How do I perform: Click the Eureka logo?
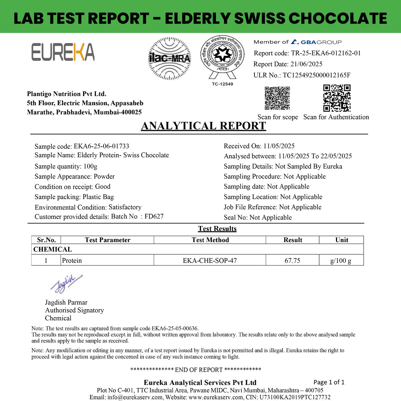click(x=63, y=52)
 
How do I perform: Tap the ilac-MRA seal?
click(x=169, y=58)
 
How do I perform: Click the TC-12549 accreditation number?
click(x=222, y=84)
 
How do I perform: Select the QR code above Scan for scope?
click(x=277, y=98)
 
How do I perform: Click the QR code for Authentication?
click(x=337, y=98)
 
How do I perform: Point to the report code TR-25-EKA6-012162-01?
click(x=326, y=53)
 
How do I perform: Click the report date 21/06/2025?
click(x=306, y=64)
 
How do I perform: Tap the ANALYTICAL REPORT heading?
click(x=203, y=126)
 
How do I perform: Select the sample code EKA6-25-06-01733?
click(x=101, y=146)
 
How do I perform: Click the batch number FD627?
click(x=154, y=216)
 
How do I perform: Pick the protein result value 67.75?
click(x=292, y=260)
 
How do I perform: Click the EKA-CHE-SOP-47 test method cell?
click(x=210, y=260)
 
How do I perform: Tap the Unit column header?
click(x=341, y=240)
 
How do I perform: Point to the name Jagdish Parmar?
click(x=66, y=302)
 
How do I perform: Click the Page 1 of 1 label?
click(x=329, y=382)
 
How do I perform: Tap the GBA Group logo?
click(x=316, y=42)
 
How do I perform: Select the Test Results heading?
click(x=217, y=229)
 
